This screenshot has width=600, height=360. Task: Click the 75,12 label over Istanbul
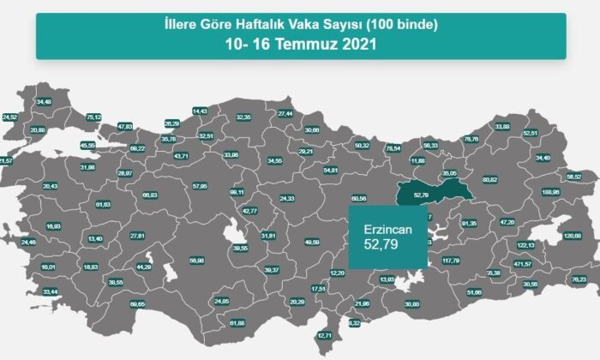(94, 117)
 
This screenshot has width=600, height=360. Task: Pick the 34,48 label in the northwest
(43, 102)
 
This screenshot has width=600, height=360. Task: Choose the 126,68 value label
(572, 236)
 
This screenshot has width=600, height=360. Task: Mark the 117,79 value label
(451, 261)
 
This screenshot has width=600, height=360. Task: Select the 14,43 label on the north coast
(201, 111)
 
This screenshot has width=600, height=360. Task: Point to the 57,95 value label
(200, 185)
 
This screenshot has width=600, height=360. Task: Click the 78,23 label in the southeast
(578, 279)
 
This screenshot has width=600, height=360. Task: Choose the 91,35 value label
(468, 224)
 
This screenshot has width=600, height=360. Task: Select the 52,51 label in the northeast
(530, 133)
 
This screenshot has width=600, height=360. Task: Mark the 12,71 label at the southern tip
(325, 334)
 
